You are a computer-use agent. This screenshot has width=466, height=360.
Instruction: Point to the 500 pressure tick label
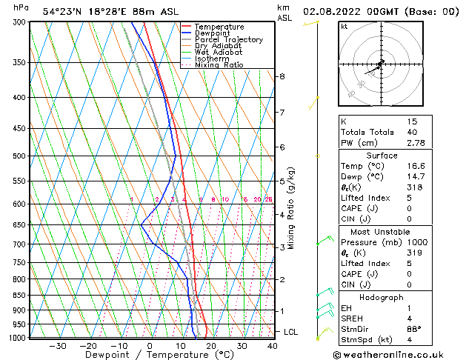coord(19,156)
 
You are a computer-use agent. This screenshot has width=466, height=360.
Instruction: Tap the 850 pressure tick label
coord(19,296)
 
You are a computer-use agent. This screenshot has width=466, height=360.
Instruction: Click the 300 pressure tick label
coord(19,22)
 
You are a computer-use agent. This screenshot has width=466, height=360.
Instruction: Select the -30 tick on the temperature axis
coord(57,346)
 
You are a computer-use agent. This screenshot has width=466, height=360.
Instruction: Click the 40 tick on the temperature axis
coord(273,346)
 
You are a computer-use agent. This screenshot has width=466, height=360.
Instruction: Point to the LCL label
coord(290,332)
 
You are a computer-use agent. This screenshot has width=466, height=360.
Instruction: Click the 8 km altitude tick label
coord(282,76)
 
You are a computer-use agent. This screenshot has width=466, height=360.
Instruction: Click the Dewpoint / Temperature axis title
coord(149,356)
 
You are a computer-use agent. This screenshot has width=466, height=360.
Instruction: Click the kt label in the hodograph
coord(344,27)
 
